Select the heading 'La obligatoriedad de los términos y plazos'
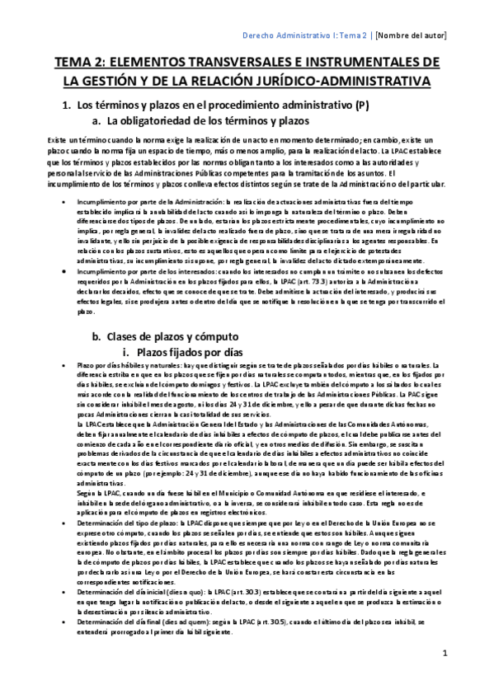(203, 121)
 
